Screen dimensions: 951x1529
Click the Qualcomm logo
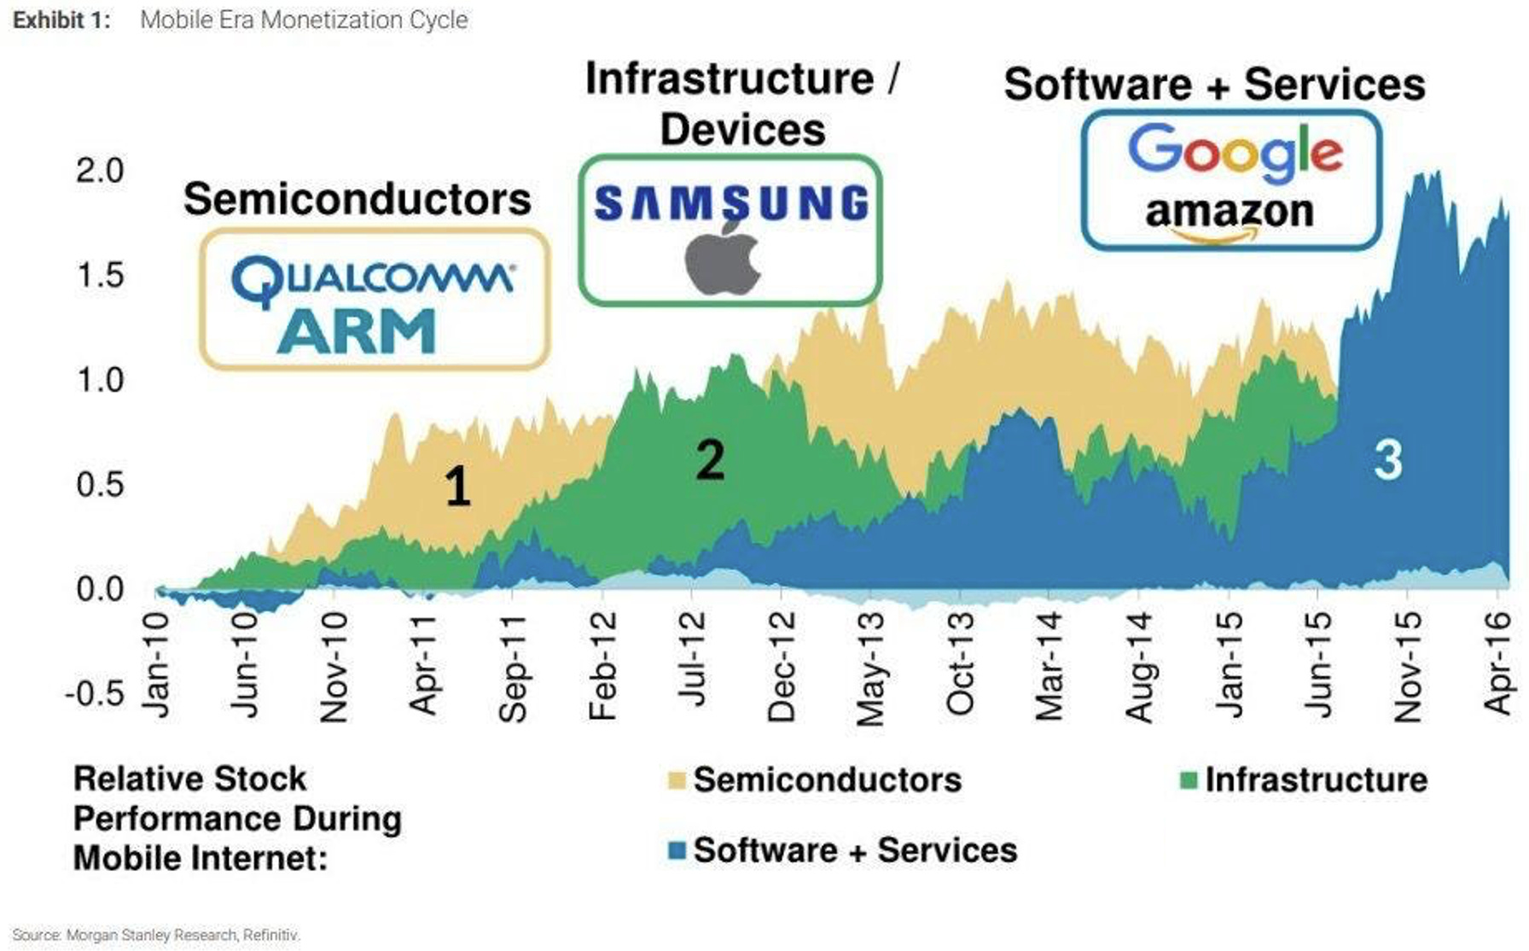tap(372, 278)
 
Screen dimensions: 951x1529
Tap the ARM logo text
tap(356, 331)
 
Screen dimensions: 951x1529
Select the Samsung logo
tap(731, 204)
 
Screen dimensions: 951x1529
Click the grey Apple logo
tap(724, 260)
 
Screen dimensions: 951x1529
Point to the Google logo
tap(1235, 151)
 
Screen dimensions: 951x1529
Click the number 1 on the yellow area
tap(458, 487)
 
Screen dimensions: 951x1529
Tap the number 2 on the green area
tap(710, 460)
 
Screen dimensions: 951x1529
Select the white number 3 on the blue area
tap(1387, 460)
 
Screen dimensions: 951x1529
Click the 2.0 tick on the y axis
tap(100, 171)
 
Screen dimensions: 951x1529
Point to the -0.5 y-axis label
tap(95, 693)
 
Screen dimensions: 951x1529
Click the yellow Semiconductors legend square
tap(677, 780)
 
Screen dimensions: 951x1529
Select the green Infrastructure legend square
tap(1189, 780)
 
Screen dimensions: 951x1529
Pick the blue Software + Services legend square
tap(677, 850)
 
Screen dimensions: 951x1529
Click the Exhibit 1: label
tap(61, 20)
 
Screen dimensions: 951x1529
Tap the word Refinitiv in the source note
tap(271, 936)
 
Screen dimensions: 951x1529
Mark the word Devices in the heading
tap(742, 130)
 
